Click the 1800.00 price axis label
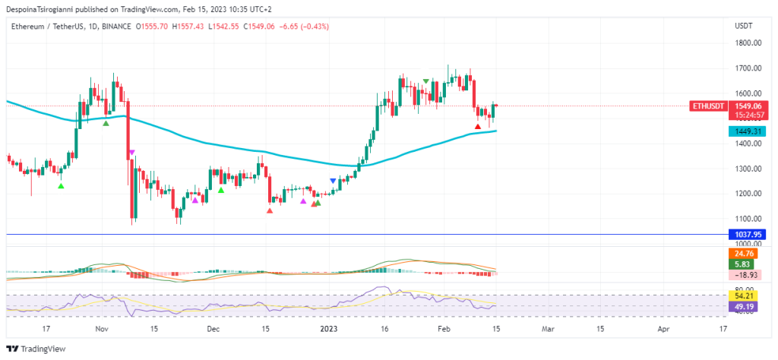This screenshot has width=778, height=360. click(x=748, y=43)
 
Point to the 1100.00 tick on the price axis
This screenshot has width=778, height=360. click(x=748, y=219)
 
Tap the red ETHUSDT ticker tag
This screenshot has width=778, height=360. click(x=707, y=106)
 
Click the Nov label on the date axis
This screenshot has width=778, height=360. click(x=102, y=330)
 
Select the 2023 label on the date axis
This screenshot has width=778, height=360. click(x=328, y=330)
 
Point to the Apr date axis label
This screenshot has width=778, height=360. click(x=663, y=330)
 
